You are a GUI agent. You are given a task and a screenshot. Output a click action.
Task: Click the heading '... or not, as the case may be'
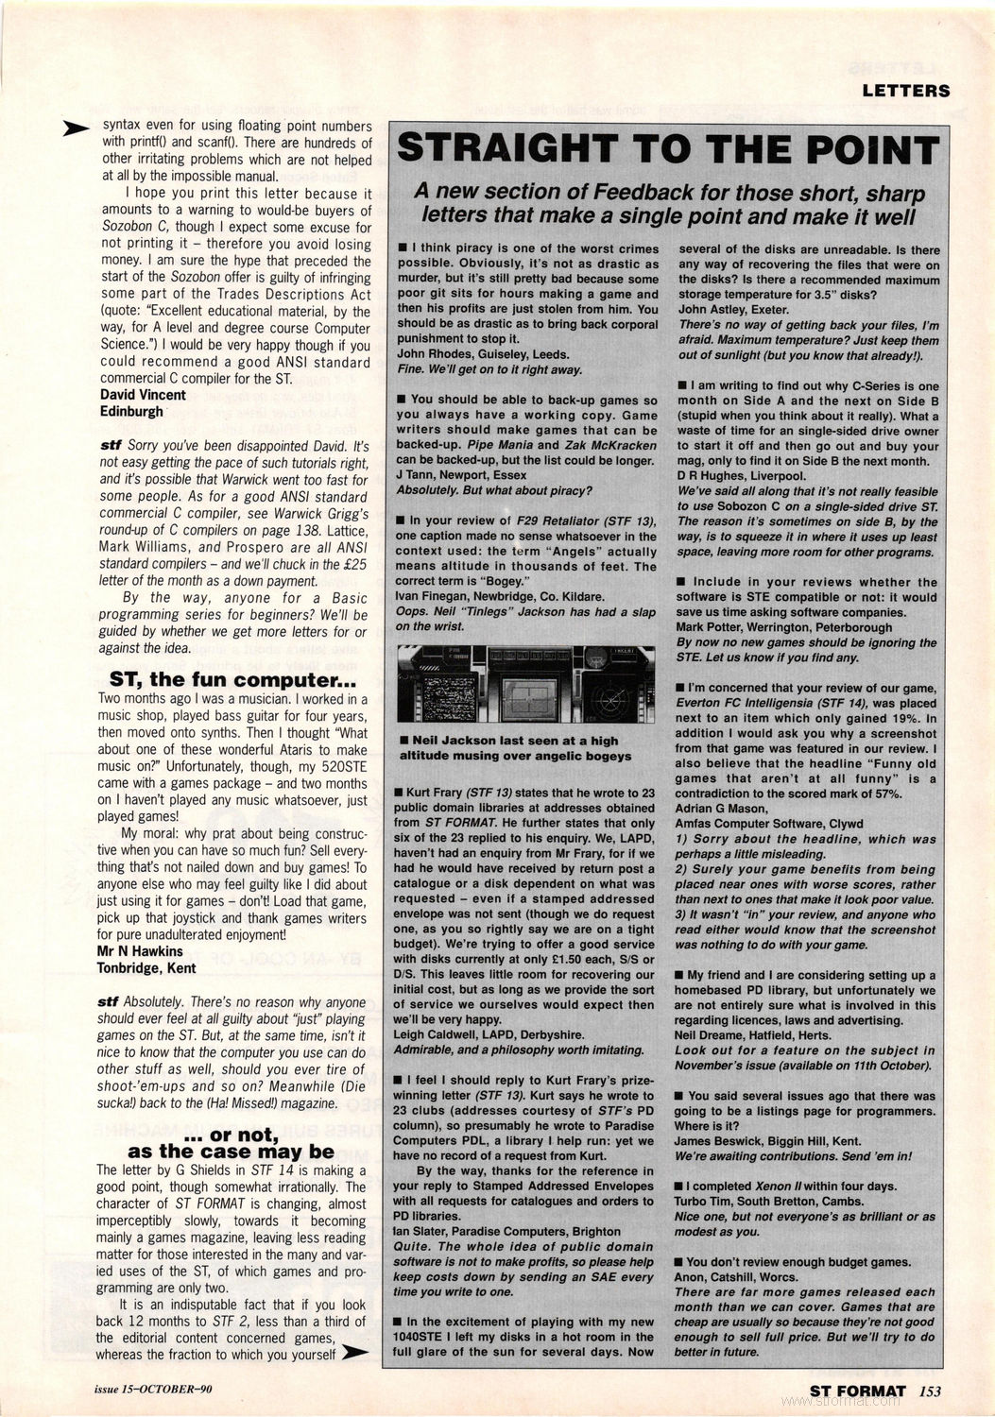point(231,1142)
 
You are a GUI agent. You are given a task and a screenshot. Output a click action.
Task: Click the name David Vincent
point(143,395)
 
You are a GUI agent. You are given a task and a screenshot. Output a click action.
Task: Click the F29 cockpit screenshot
point(524,686)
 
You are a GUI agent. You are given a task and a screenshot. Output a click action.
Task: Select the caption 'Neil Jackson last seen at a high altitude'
point(516,748)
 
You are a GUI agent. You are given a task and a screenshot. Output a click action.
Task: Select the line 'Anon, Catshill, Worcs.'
point(736,1276)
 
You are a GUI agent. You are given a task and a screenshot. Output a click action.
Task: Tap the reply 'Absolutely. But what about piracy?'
point(494,489)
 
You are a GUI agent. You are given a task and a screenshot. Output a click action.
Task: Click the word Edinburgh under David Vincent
point(131,411)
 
